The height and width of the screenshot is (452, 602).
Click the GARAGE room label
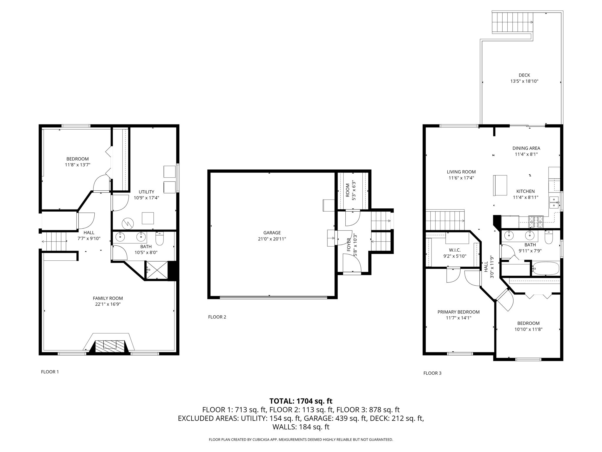(x=272, y=233)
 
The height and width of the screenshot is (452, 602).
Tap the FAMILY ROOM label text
(x=108, y=298)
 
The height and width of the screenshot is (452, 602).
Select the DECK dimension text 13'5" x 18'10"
(x=524, y=81)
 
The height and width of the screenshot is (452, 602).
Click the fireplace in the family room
(x=110, y=346)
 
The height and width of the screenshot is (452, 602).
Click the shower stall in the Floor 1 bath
(x=157, y=270)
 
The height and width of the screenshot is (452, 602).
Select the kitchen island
(x=500, y=185)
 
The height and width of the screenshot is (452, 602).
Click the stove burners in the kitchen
(x=536, y=222)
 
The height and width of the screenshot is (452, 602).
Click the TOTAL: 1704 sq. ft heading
(x=301, y=401)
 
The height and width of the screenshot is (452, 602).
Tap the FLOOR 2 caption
(x=217, y=317)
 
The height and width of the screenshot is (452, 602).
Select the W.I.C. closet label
(x=455, y=250)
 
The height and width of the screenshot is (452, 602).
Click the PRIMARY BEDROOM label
(x=459, y=312)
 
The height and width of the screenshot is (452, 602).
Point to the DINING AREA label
(x=526, y=148)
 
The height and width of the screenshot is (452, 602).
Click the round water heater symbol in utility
(x=128, y=223)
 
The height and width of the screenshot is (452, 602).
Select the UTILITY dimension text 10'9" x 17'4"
(x=146, y=198)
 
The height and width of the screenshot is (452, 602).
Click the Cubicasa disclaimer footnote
(x=301, y=440)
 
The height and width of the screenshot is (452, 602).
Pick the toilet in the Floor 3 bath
(x=549, y=237)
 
